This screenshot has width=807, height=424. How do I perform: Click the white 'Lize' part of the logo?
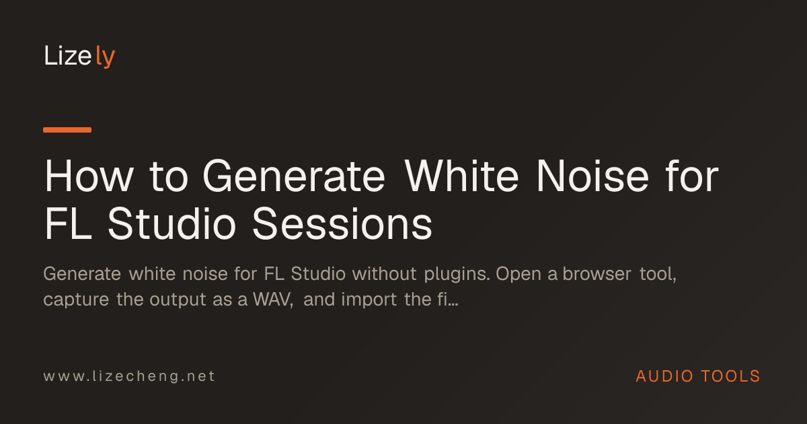pos(68,55)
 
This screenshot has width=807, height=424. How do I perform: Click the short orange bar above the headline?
pos(67,130)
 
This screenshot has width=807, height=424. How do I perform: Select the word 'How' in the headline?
pos(89,176)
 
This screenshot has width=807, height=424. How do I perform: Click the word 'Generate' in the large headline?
pos(294,176)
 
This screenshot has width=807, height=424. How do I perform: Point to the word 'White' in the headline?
pos(461,176)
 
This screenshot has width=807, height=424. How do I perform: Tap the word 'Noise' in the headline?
pos(592,176)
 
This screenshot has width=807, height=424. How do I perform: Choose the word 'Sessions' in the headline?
pos(342,223)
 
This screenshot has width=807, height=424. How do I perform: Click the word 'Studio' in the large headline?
pos(172,223)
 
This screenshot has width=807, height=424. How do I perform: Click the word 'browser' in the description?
pos(597,274)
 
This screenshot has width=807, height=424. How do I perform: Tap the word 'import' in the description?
pos(369,300)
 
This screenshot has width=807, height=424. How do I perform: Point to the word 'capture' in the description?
pos(76,300)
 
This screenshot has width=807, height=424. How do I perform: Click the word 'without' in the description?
pos(385,274)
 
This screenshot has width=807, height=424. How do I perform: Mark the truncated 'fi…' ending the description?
pos(448,299)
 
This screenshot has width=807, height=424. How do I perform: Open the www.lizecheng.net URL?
pos(129,376)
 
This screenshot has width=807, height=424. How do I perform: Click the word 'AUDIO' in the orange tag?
pos(664,376)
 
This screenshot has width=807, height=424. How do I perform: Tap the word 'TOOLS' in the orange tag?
pos(730,376)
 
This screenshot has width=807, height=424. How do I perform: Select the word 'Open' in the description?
pos(518,275)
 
